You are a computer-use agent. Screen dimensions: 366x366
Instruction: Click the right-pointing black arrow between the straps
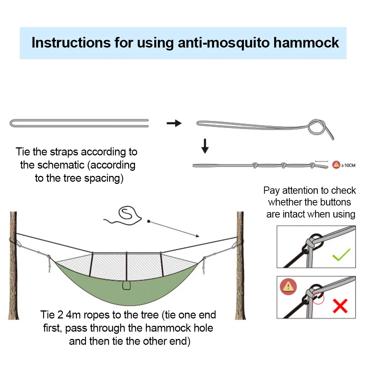coord(174,123)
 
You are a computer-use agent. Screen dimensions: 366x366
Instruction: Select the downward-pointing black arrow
coord(205,146)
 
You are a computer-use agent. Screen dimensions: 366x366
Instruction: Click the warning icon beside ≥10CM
coord(336,165)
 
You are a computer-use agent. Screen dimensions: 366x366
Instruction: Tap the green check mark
coord(341,254)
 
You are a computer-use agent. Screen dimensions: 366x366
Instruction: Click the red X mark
coord(340,305)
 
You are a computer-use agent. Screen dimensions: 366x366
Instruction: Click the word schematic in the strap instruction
coord(61,165)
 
